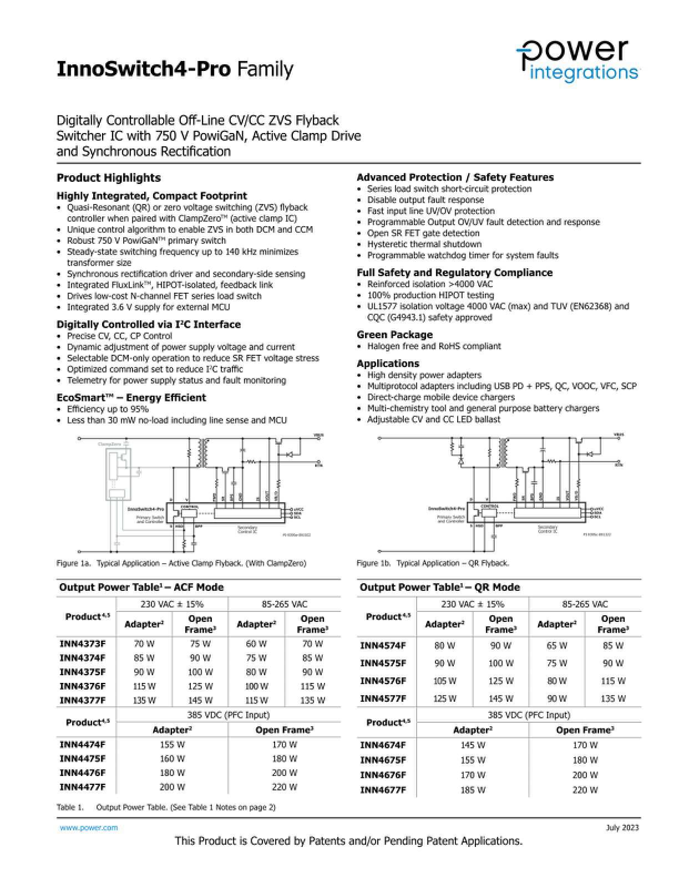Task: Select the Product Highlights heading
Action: [109, 178]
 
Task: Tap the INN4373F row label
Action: [82, 644]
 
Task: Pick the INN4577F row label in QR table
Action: [383, 698]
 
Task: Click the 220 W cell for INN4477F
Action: [285, 787]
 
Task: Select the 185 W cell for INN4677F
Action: [473, 790]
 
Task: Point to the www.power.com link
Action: [89, 828]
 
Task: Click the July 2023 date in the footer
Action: [622, 828]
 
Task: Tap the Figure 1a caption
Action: [181, 563]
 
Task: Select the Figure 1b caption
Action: [433, 563]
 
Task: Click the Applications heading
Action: [388, 364]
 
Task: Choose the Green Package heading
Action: [394, 335]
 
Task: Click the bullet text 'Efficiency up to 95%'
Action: [108, 409]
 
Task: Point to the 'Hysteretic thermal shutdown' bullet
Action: [424, 244]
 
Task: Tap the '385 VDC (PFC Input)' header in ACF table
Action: [228, 715]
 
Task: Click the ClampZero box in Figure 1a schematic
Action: [118, 471]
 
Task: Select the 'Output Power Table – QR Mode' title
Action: [440, 588]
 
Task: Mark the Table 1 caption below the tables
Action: [166, 807]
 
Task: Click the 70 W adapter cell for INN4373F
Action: [144, 644]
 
